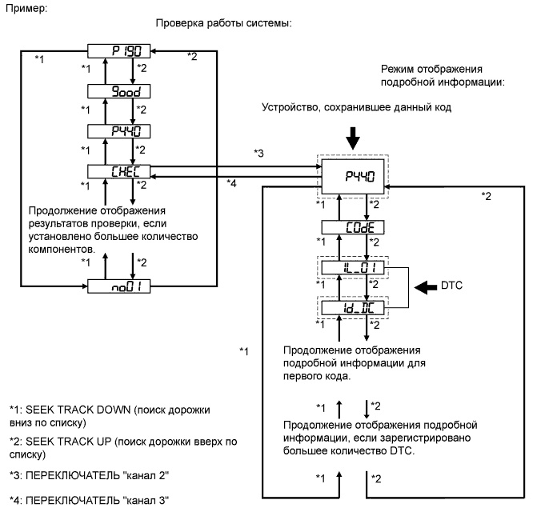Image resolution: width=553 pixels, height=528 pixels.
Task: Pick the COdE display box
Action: [352, 229]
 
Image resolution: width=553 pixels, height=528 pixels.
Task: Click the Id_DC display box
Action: [352, 306]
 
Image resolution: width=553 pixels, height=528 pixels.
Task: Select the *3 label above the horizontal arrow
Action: [258, 152]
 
